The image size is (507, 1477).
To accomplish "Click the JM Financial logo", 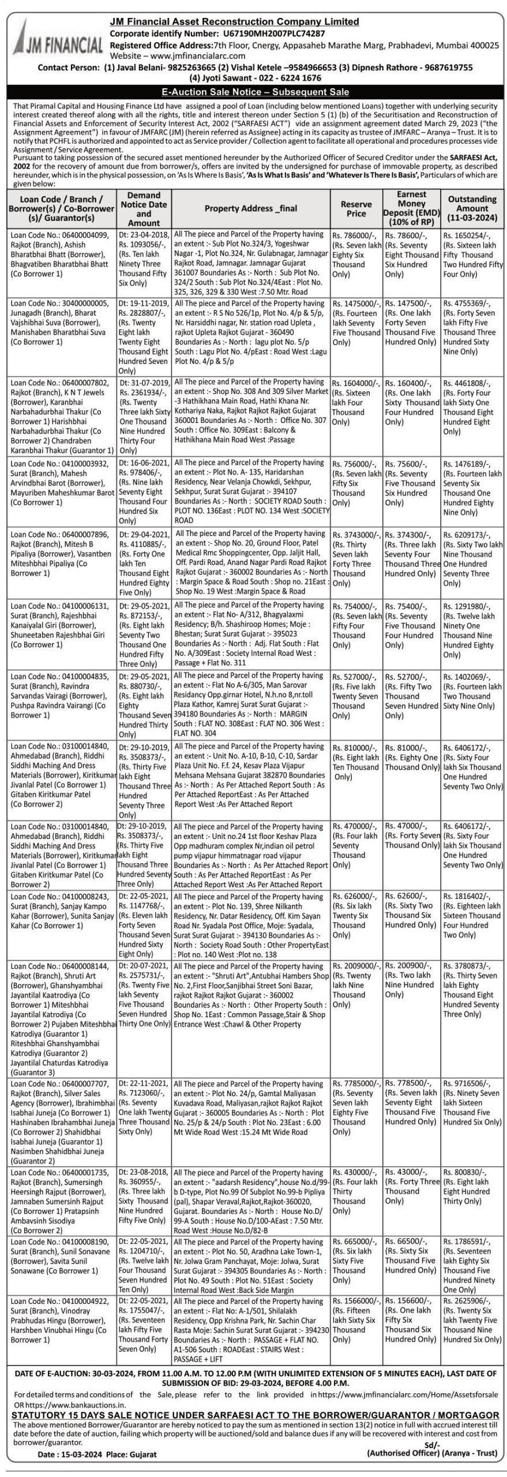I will click(56, 40).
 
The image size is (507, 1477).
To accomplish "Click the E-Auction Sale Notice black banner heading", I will click(254, 92).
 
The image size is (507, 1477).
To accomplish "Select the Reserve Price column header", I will click(356, 209).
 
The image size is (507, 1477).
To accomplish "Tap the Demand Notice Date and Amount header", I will click(144, 209).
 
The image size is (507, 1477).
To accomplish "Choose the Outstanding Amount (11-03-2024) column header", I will click(472, 209).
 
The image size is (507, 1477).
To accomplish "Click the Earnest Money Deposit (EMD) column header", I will click(411, 208).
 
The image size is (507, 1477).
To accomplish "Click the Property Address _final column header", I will click(251, 209).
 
